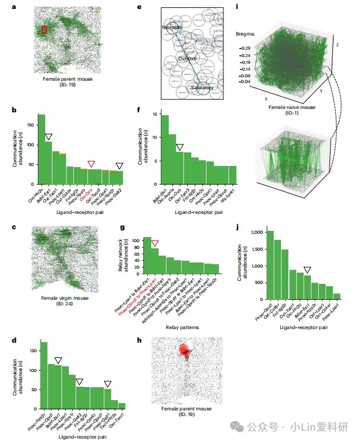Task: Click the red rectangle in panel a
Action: click(x=45, y=29)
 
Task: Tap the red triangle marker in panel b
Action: click(x=91, y=164)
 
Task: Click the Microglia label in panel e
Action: click(x=172, y=27)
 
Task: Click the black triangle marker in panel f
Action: click(x=179, y=147)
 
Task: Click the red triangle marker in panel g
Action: click(x=155, y=243)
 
